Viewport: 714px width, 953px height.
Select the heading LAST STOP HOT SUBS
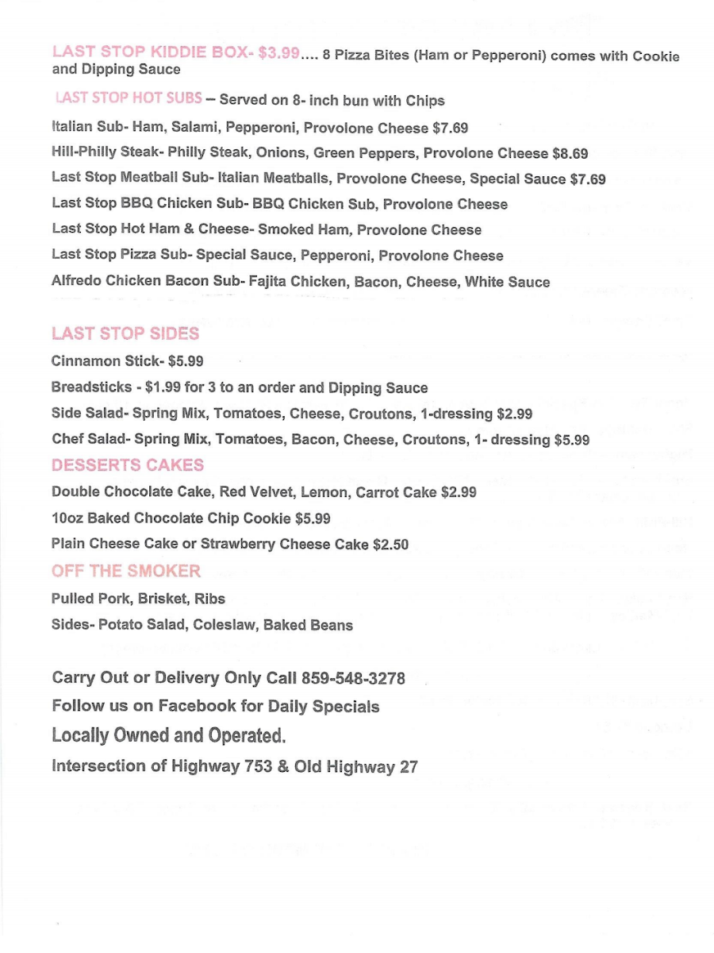pos(128,99)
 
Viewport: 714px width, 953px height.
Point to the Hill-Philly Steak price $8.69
pos(570,153)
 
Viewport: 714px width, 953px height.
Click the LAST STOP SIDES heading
pos(125,333)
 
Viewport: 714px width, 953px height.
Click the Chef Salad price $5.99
pos(571,439)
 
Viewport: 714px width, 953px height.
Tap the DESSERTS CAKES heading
pos(128,465)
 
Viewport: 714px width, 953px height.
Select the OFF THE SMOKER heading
pos(126,571)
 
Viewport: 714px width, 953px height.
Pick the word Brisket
pos(162,598)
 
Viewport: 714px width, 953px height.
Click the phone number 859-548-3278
pos(353,678)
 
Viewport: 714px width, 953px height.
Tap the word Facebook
pos(197,706)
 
